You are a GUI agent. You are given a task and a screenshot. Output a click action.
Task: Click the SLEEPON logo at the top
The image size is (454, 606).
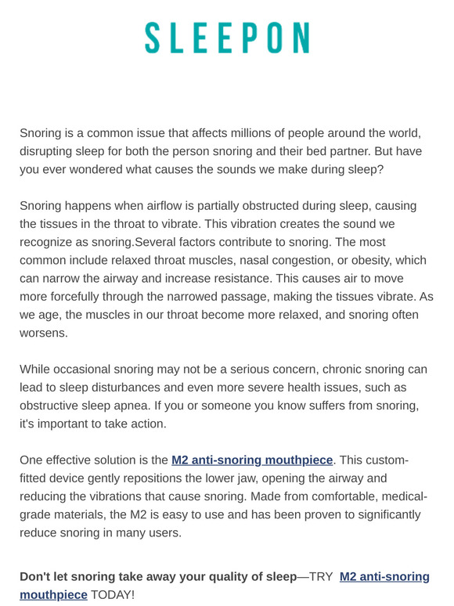click(227, 38)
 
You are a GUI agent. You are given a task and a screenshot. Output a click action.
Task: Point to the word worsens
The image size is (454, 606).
click(45, 333)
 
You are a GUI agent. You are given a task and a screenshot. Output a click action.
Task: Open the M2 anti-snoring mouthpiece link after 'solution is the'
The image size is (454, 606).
click(252, 460)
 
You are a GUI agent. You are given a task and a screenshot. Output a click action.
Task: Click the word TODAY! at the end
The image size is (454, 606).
click(113, 595)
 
